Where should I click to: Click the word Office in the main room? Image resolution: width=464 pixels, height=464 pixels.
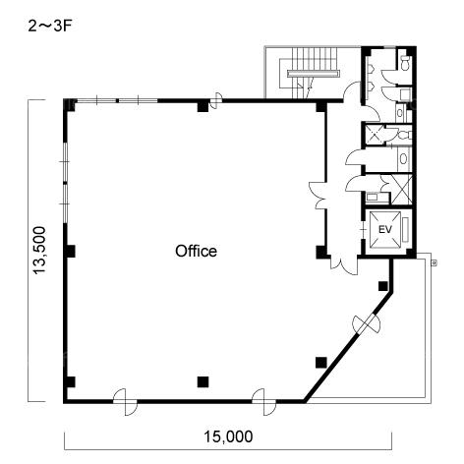pyautogui.click(x=196, y=251)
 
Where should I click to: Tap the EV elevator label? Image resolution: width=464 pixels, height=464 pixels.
pyautogui.click(x=385, y=229)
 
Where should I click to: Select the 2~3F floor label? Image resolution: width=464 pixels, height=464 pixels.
pyautogui.click(x=50, y=27)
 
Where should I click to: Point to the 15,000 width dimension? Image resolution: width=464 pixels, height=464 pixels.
pyautogui.click(x=228, y=436)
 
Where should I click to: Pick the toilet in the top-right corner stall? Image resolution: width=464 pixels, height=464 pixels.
pyautogui.click(x=406, y=62)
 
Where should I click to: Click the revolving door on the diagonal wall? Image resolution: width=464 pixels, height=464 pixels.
pyautogui.click(x=366, y=323)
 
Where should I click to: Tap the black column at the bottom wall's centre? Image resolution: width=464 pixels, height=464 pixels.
pyautogui.click(x=203, y=381)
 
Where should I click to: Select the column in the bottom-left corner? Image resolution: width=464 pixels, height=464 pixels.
pyautogui.click(x=70, y=382)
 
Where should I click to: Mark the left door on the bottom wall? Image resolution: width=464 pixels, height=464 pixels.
pyautogui.click(x=125, y=402)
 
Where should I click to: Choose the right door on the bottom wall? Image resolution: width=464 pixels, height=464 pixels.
pyautogui.click(x=263, y=402)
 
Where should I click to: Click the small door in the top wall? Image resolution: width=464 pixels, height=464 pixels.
pyautogui.click(x=216, y=100)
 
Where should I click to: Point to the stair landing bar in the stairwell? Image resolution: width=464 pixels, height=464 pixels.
pyautogui.click(x=313, y=74)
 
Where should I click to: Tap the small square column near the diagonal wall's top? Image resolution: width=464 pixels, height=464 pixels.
pyautogui.click(x=383, y=286)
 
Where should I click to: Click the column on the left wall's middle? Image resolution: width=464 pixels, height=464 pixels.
pyautogui.click(x=70, y=252)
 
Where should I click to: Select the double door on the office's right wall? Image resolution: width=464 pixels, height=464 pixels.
pyautogui.click(x=318, y=196)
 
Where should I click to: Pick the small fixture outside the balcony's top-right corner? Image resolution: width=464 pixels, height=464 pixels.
pyautogui.click(x=435, y=262)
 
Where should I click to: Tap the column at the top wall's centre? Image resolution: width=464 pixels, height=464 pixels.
pyautogui.click(x=203, y=106)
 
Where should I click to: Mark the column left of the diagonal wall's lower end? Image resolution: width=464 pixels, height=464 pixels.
pyautogui.click(x=321, y=363)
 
